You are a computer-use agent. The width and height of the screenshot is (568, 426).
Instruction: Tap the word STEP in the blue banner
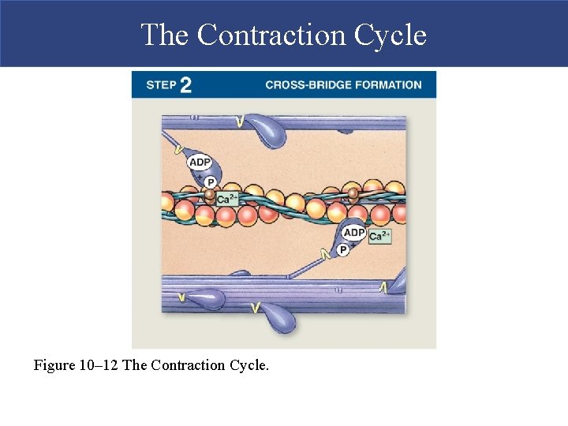click(160, 85)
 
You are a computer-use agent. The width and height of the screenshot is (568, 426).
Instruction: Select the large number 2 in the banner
click(185, 85)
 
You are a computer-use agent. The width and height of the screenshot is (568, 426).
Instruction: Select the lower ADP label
click(354, 234)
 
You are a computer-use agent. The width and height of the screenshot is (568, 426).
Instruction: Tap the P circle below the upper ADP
click(211, 181)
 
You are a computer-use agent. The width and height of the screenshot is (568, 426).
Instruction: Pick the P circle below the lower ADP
click(343, 250)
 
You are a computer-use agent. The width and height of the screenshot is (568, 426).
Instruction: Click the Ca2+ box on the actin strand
click(226, 200)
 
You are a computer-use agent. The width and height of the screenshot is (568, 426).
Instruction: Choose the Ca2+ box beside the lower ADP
click(379, 236)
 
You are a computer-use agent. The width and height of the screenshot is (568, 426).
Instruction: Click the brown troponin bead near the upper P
click(210, 192)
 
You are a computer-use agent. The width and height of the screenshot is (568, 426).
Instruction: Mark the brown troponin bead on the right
click(353, 192)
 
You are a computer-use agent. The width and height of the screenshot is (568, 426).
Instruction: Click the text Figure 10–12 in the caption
click(77, 366)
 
